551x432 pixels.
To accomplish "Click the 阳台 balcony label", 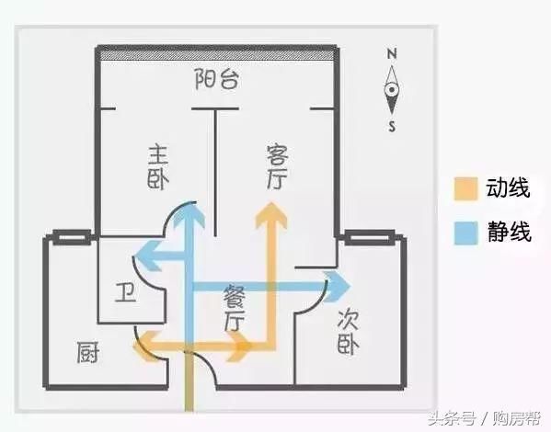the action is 217,79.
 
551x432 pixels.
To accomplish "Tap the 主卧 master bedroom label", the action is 158,167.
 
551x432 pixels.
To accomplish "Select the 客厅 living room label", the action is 277,167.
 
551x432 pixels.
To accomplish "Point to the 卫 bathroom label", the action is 126,292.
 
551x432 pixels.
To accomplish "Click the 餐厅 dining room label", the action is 235,308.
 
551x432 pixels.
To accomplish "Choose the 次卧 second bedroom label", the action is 348,332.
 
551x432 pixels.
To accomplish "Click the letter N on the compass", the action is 392,53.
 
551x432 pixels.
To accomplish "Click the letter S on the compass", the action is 392,126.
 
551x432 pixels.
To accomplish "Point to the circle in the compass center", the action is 392,89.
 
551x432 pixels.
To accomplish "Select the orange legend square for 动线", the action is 465,188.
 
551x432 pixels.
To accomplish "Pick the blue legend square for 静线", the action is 465,233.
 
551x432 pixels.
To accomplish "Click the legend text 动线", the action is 508,188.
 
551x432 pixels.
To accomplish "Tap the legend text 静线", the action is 509,232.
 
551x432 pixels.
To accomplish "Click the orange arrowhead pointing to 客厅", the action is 271,214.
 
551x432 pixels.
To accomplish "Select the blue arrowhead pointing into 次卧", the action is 338,287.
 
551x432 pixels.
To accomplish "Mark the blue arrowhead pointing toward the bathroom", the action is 148,256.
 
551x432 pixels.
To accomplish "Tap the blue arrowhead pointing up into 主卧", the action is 189,213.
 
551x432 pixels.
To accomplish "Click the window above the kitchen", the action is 72,238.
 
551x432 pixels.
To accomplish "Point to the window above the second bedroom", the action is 369,238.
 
